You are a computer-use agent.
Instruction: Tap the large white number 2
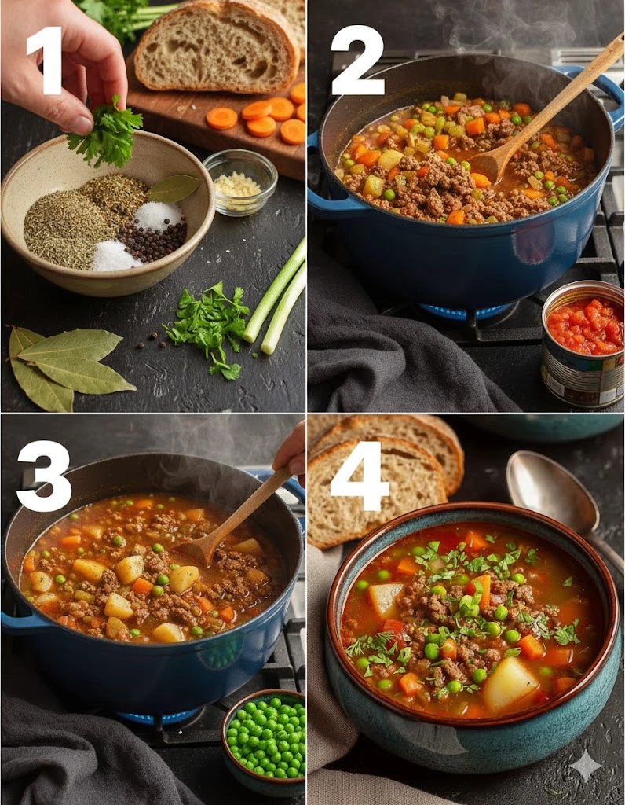pyautogui.click(x=357, y=61)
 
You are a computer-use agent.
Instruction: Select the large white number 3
pyautogui.click(x=44, y=476)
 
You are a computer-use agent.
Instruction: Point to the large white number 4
pyautogui.click(x=360, y=469)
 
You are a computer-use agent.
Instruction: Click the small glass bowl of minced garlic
pyautogui.click(x=240, y=182)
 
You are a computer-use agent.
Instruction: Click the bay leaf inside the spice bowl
pyautogui.click(x=174, y=189)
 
